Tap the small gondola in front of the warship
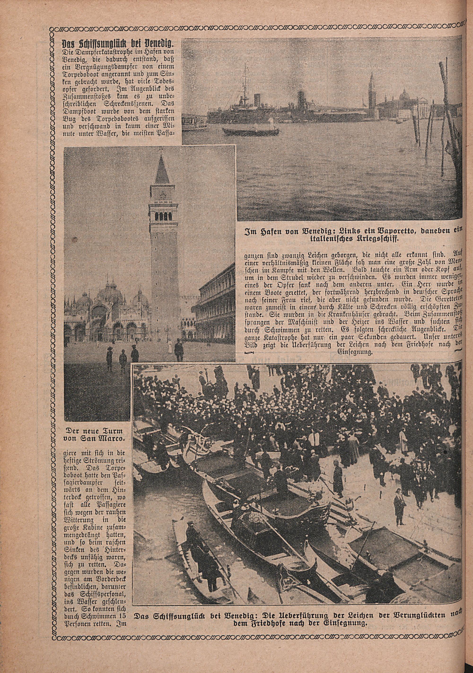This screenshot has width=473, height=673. pyautogui.click(x=251, y=131)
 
